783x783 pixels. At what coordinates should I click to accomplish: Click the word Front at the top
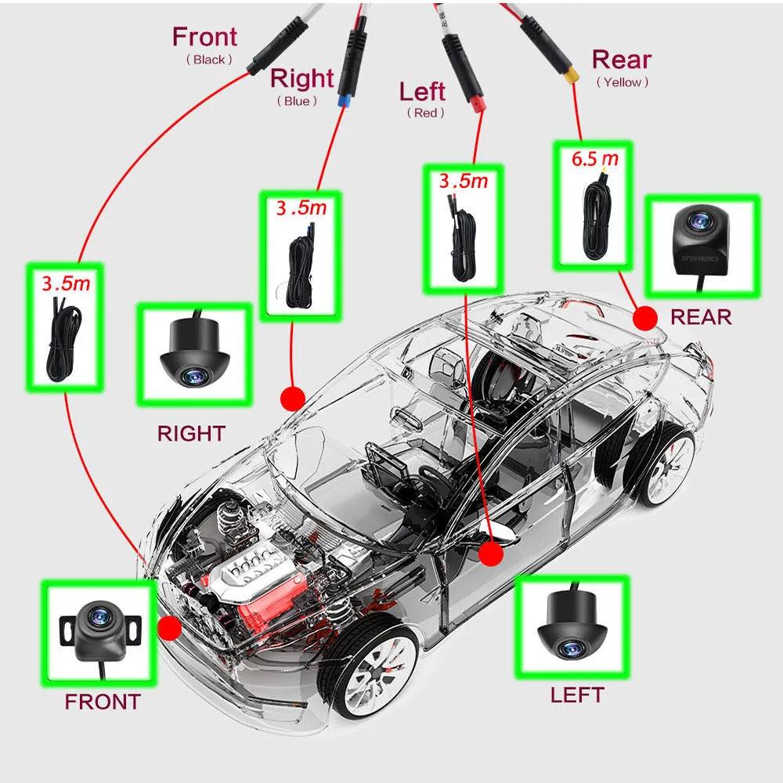pos(204,37)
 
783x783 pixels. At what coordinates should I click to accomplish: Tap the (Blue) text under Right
pos(297,101)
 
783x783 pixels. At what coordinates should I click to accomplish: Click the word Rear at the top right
pos(622,60)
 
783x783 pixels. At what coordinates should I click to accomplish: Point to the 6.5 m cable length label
pos(594,159)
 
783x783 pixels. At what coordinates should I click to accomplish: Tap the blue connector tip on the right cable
pos(343,100)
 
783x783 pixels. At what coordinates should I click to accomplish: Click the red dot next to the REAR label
pos(645,317)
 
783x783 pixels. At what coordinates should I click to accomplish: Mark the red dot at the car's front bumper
pos(169,628)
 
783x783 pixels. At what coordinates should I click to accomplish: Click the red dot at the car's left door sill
pos(491,554)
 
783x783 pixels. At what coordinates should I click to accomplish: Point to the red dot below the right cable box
pos(293,398)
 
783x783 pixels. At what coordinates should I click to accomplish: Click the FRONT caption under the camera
pos(103,702)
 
